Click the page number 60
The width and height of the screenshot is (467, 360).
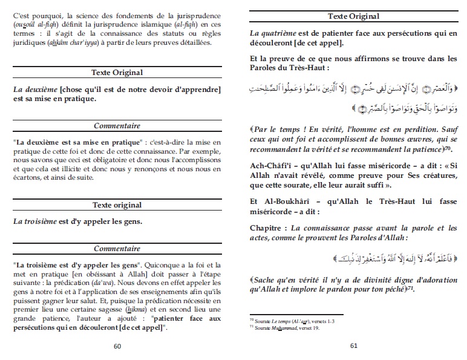point(117,346)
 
